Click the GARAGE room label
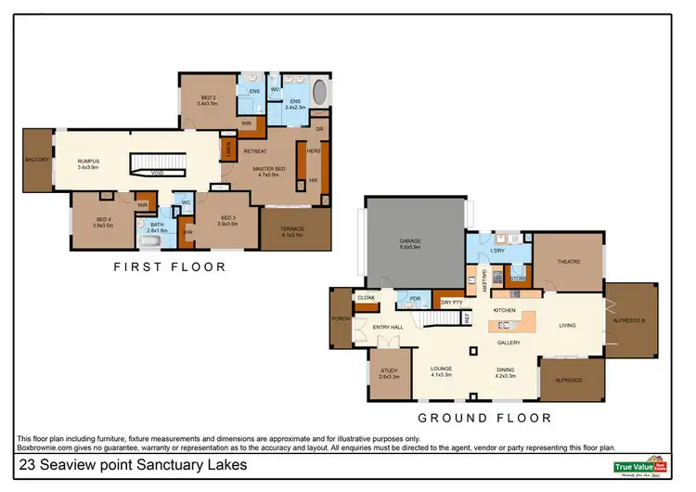click(x=409, y=243)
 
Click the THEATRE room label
click(x=568, y=262)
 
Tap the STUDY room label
click(x=389, y=371)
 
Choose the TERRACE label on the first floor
click(x=293, y=228)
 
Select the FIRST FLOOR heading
click(x=169, y=267)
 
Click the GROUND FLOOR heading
click(x=483, y=418)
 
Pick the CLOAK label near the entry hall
click(x=366, y=297)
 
